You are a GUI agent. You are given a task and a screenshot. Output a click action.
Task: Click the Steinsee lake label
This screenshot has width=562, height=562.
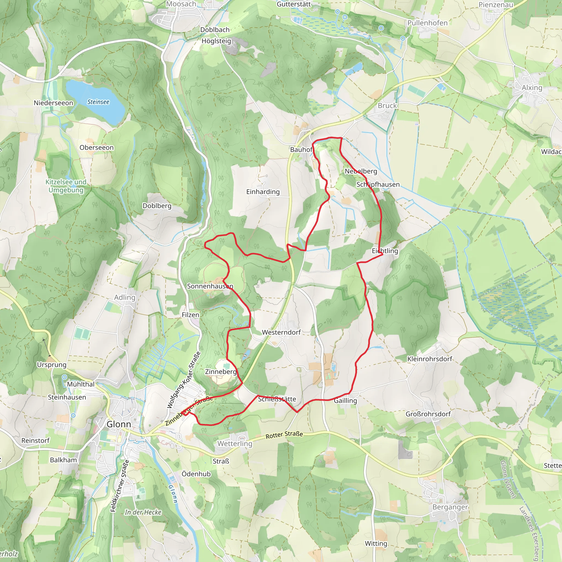coord(98,102)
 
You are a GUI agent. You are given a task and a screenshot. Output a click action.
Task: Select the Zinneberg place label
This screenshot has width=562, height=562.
coord(221,372)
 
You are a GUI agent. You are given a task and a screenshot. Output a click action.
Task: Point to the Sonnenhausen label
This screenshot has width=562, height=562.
coord(210,286)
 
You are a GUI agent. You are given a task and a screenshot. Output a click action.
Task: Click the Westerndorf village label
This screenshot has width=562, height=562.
coord(281,332)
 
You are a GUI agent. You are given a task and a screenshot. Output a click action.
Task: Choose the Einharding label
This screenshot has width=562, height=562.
coord(263,192)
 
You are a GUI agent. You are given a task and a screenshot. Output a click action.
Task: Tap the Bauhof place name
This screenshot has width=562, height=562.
coord(301,150)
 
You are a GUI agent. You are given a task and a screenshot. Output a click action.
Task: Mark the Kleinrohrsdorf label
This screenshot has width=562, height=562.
coord(430,359)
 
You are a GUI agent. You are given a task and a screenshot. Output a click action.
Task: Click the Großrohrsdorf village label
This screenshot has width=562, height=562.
coord(428,414)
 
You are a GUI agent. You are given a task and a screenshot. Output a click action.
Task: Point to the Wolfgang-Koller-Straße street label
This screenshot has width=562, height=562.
coord(184,380)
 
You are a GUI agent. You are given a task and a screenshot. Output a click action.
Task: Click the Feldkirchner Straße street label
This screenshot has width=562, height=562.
coord(120,486)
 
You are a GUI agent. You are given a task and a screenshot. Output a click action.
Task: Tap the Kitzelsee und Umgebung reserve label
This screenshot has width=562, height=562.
coord(66,186)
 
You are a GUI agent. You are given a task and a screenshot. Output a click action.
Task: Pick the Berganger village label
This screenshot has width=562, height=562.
coord(450,507)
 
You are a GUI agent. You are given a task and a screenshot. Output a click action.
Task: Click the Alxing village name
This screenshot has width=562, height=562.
coord(532,88)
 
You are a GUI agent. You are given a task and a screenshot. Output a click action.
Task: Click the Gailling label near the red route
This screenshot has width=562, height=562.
coord(345,401)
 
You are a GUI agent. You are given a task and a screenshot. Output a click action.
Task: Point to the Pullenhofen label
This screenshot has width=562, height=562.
coord(427,23)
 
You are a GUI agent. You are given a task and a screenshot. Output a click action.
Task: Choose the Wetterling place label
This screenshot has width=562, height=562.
coord(235,444)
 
